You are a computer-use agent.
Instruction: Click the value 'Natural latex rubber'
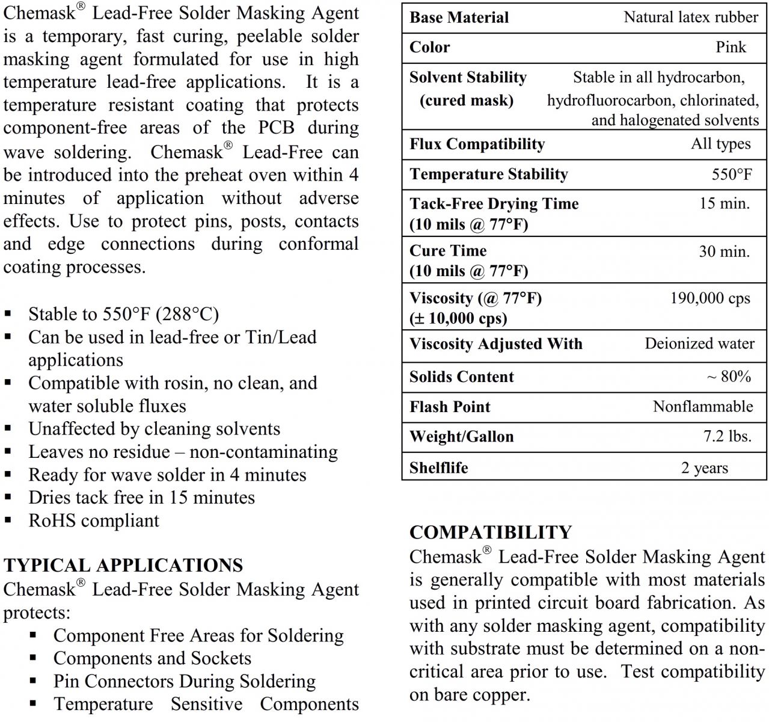690,17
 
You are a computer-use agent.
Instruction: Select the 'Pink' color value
731,48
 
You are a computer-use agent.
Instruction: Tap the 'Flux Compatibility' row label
477,144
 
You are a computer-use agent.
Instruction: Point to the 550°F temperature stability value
731,174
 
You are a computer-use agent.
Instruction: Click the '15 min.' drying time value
724,203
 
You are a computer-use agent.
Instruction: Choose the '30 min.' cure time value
724,251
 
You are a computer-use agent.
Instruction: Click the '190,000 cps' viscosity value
710,298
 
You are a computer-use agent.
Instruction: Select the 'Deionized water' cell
699,344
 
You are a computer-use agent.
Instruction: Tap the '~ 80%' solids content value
729,377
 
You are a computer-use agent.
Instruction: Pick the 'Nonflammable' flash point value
702,407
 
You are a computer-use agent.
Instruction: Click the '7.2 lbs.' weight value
727,437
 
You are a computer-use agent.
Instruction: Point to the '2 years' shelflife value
704,468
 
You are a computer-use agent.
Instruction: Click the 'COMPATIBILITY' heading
490,532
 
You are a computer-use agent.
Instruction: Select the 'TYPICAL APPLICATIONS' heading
123,566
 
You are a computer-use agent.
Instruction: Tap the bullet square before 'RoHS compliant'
8,520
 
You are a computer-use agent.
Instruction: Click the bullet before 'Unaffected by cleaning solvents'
8,429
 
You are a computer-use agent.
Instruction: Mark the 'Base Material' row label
459,17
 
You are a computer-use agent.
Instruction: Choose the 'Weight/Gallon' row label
461,437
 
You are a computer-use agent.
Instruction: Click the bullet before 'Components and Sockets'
34,658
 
